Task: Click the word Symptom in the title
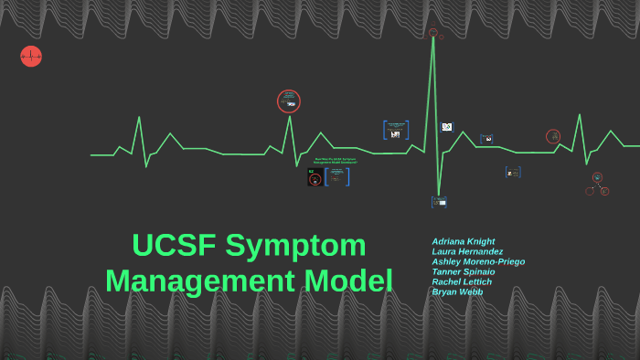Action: pyautogui.click(x=295, y=246)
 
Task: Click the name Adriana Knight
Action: pyautogui.click(x=464, y=241)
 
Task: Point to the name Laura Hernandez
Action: pyautogui.click(x=467, y=251)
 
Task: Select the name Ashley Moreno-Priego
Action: pyautogui.click(x=478, y=261)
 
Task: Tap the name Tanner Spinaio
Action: pyautogui.click(x=464, y=271)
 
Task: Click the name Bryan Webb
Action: pyautogui.click(x=457, y=291)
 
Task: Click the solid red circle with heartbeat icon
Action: pyautogui.click(x=31, y=57)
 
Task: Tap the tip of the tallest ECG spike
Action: pyautogui.click(x=433, y=37)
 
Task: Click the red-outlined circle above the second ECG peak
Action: pyautogui.click(x=289, y=101)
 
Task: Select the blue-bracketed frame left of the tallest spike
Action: pyautogui.click(x=396, y=130)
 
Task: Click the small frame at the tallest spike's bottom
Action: pyautogui.click(x=439, y=202)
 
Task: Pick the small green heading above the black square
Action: pyautogui.click(x=335, y=161)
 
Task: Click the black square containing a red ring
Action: pyautogui.click(x=315, y=177)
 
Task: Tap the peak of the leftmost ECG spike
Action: pyautogui.click(x=139, y=117)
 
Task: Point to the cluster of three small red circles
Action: pyautogui.click(x=597, y=185)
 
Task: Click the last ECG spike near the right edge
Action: pyautogui.click(x=579, y=115)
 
